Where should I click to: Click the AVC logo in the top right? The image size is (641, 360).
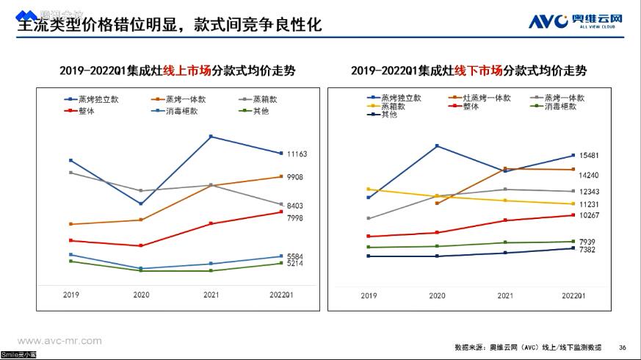(x=576, y=20)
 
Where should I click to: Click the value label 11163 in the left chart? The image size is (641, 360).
(x=297, y=154)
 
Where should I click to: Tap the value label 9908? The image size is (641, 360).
(x=295, y=177)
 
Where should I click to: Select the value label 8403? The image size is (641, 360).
(x=295, y=206)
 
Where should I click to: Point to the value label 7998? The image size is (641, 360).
(x=295, y=218)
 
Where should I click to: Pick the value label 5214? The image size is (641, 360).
(x=295, y=263)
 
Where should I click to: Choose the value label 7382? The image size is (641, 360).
(x=587, y=250)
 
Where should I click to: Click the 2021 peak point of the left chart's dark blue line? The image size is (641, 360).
(x=211, y=137)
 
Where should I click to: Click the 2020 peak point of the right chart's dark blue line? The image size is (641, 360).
(x=437, y=146)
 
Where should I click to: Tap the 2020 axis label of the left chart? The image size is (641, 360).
(x=141, y=295)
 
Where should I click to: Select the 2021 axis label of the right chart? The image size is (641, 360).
(x=505, y=295)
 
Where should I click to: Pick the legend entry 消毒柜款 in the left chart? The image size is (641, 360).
(x=180, y=112)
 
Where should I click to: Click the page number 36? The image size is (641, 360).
(x=623, y=348)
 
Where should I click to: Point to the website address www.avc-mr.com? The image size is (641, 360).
(x=59, y=341)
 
